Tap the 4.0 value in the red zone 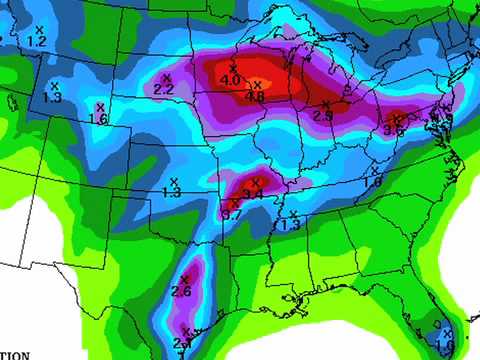[x=230, y=80]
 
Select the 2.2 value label [x=164, y=90]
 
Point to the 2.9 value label [x=322, y=116]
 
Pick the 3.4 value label [x=252, y=195]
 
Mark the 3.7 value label [x=231, y=214]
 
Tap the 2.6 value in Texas [x=181, y=292]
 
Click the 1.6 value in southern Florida [x=444, y=345]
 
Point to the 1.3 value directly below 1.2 [x=52, y=98]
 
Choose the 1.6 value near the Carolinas [x=373, y=183]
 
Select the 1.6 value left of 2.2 [x=98, y=119]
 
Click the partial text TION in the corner [x=13, y=354]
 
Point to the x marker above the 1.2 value [x=38, y=30]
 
